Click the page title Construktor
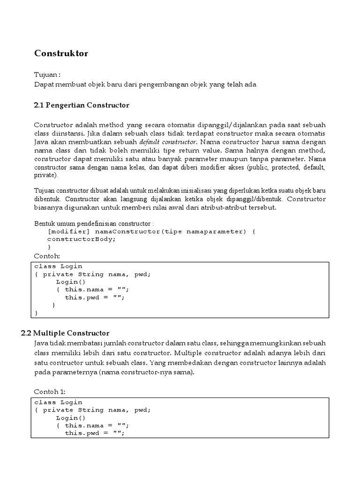[x=61, y=53]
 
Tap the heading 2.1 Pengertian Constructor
[x=82, y=105]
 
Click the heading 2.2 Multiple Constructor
[x=65, y=333]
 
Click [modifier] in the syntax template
[x=69, y=232]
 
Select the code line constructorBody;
[x=82, y=239]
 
